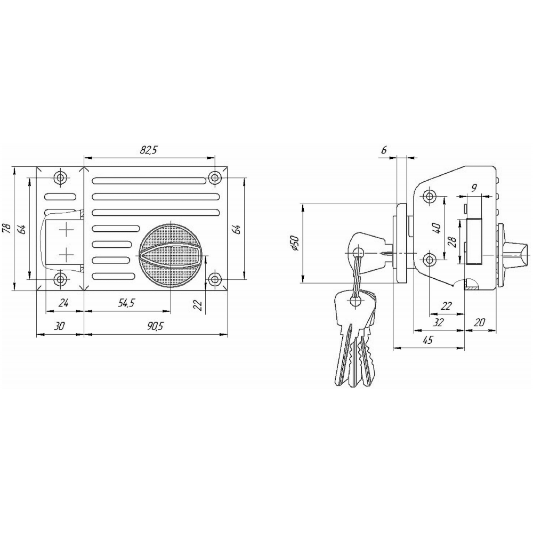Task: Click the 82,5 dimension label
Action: coord(150,150)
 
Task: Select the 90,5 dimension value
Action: coord(155,326)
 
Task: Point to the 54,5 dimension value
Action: coord(126,303)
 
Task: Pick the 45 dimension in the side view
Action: coord(429,340)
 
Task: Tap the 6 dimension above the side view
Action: coord(384,150)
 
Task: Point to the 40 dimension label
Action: coord(437,228)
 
